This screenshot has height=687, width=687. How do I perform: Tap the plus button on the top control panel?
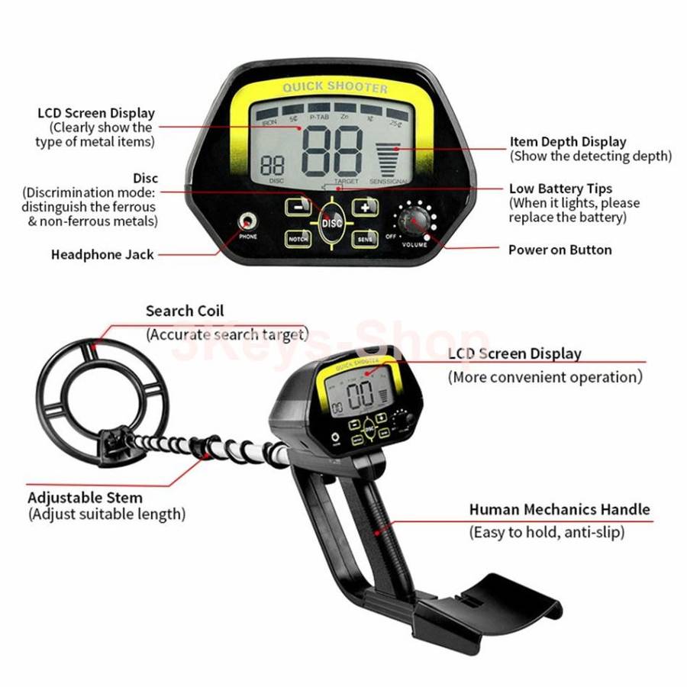coord(365,207)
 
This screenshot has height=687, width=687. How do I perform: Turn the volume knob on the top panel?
coord(412,222)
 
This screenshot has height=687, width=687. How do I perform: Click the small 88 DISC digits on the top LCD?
coord(273,166)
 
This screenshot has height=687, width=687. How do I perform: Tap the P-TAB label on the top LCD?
coord(318,118)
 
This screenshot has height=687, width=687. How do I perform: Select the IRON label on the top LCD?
coord(269,121)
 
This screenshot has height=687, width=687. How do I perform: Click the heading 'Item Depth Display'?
coord(568,141)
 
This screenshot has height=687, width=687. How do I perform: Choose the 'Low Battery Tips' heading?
coord(560,189)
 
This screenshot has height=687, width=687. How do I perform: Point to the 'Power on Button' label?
coord(560,250)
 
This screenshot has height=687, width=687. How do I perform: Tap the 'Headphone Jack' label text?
coord(102,254)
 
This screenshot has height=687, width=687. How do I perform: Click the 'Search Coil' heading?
coord(185,311)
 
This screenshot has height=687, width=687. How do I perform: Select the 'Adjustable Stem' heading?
coord(85,498)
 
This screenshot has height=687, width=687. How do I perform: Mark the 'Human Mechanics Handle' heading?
coord(560,509)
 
